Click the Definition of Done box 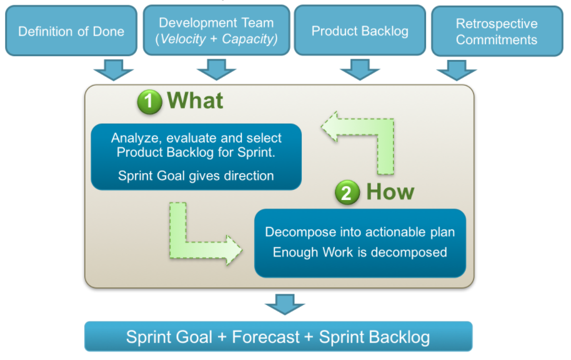[x=71, y=31]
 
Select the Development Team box [x=216, y=31]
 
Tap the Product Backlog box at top [x=359, y=31]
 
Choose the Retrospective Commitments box [x=497, y=31]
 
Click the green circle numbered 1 [x=149, y=101]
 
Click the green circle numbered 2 [x=347, y=192]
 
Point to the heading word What [x=194, y=100]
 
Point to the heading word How [x=390, y=192]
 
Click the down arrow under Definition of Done [x=114, y=70]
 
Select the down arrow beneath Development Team [x=216, y=70]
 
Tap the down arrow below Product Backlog [x=359, y=70]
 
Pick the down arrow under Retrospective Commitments [x=456, y=70]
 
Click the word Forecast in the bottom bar [x=266, y=337]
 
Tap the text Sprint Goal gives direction [x=196, y=176]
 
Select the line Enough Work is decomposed [x=360, y=252]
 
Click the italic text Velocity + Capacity [x=216, y=39]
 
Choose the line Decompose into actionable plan [x=360, y=232]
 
